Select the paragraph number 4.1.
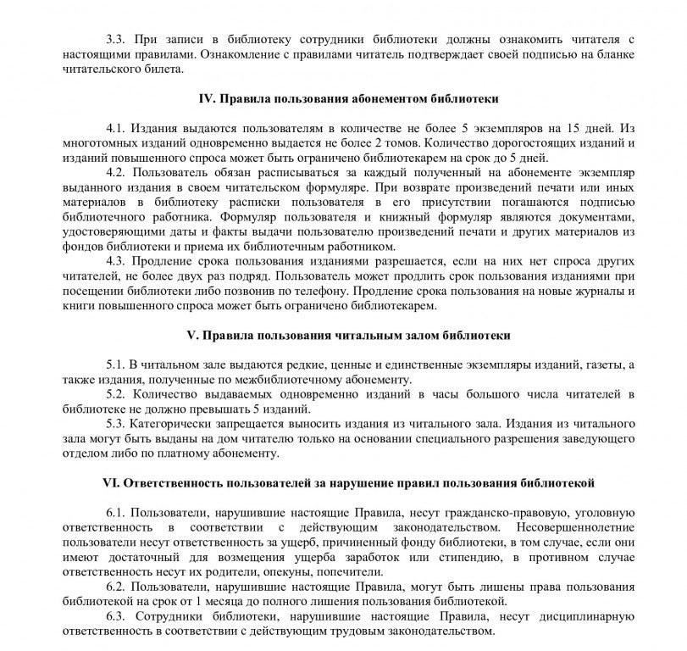(x=116, y=128)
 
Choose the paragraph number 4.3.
(x=116, y=261)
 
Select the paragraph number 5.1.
(x=115, y=364)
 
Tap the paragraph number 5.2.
(x=116, y=394)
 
